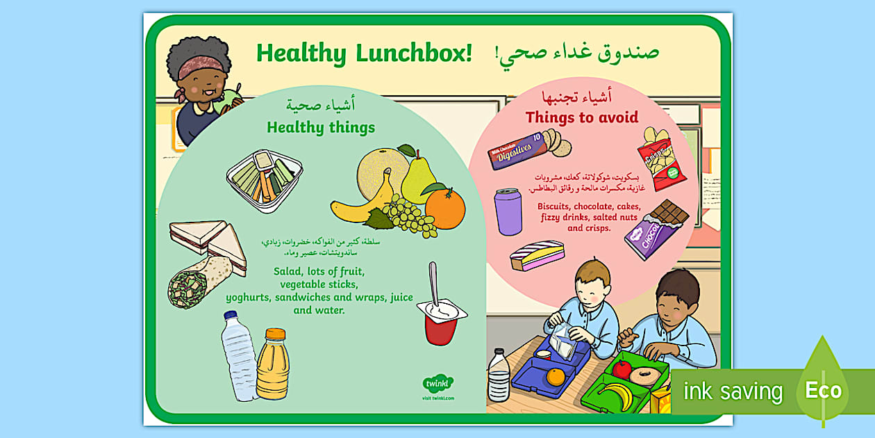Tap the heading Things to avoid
pyautogui.click(x=581, y=117)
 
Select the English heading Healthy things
pyautogui.click(x=321, y=127)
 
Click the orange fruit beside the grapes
pyautogui.click(x=445, y=208)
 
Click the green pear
pyautogui.click(x=418, y=177)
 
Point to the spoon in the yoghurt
pyautogui.click(x=433, y=285)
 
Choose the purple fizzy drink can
pyautogui.click(x=508, y=211)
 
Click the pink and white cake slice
pyautogui.click(x=537, y=255)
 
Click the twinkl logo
pyautogui.click(x=437, y=383)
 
